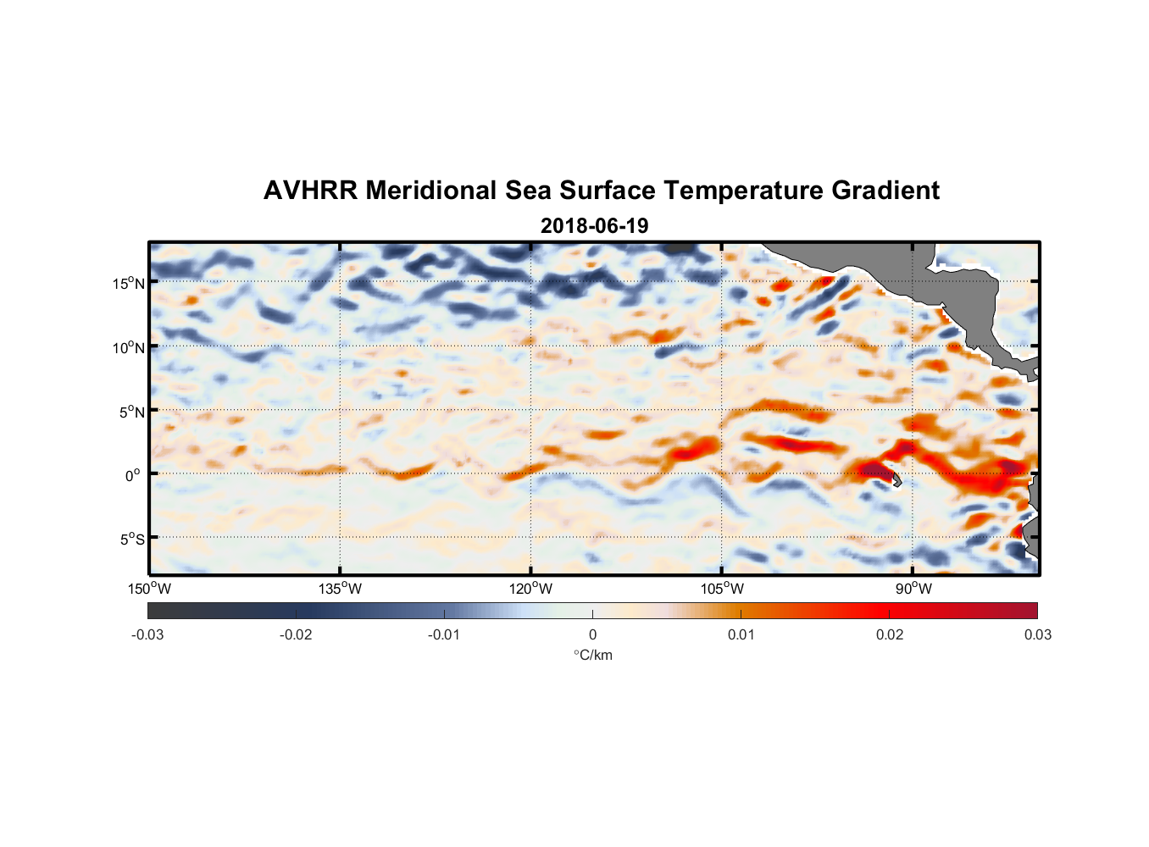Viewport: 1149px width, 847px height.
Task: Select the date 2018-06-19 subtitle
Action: [x=594, y=225]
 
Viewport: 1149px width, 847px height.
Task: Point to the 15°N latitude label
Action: [x=128, y=283]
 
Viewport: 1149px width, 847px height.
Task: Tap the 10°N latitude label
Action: [x=128, y=347]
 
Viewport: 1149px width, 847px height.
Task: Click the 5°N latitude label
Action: [x=130, y=412]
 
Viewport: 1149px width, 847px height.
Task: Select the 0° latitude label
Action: [x=133, y=475]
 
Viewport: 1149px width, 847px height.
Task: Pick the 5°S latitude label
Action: [x=130, y=540]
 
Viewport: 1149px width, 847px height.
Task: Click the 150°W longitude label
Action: [x=149, y=589]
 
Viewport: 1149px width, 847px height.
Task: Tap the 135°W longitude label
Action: [x=341, y=589]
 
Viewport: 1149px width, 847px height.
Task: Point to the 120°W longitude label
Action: [x=531, y=589]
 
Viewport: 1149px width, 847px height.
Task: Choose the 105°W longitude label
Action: [x=722, y=589]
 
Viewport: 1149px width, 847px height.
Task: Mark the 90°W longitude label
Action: [x=913, y=589]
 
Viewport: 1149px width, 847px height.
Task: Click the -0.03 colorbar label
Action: [x=147, y=634]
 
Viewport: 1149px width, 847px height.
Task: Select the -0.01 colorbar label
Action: [x=444, y=634]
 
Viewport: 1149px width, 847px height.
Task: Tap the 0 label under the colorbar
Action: [x=592, y=634]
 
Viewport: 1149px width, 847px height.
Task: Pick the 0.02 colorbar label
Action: [x=890, y=634]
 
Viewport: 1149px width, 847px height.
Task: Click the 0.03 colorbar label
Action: [x=1037, y=634]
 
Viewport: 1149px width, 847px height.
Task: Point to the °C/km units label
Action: [x=592, y=655]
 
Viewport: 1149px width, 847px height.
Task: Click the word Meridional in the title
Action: [x=431, y=191]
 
